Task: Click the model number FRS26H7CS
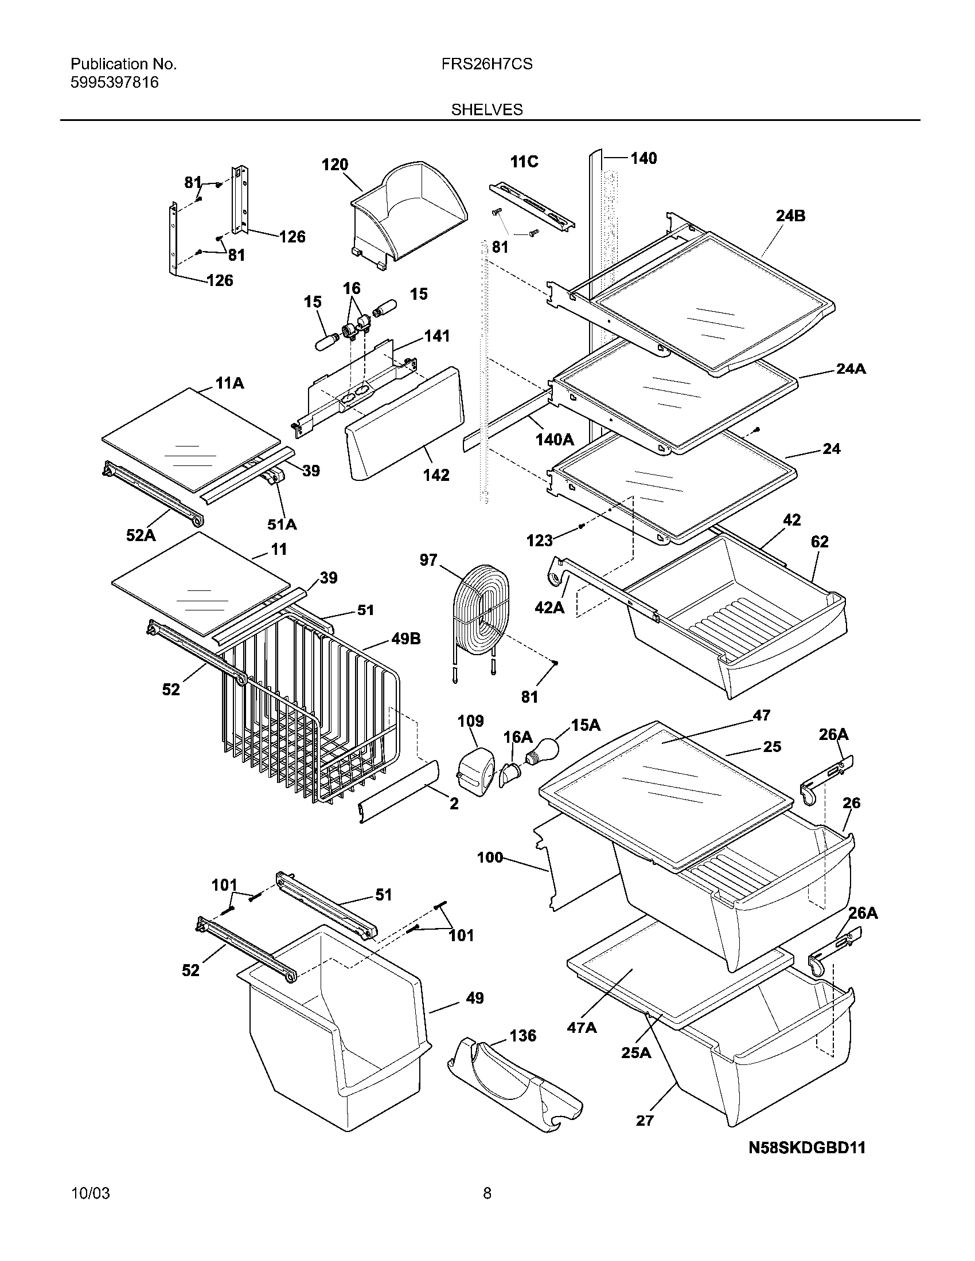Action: point(487,64)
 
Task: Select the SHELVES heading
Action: point(487,109)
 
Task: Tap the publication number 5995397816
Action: point(114,83)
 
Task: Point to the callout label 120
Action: point(335,165)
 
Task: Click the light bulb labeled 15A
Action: point(541,751)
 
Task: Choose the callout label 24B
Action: point(790,216)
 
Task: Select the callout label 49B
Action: point(406,639)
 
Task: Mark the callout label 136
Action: point(522,1035)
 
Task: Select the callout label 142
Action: point(436,475)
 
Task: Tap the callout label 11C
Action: point(524,162)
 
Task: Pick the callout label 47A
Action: point(582,1028)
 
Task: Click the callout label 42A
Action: point(549,608)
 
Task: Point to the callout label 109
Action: point(470,721)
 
